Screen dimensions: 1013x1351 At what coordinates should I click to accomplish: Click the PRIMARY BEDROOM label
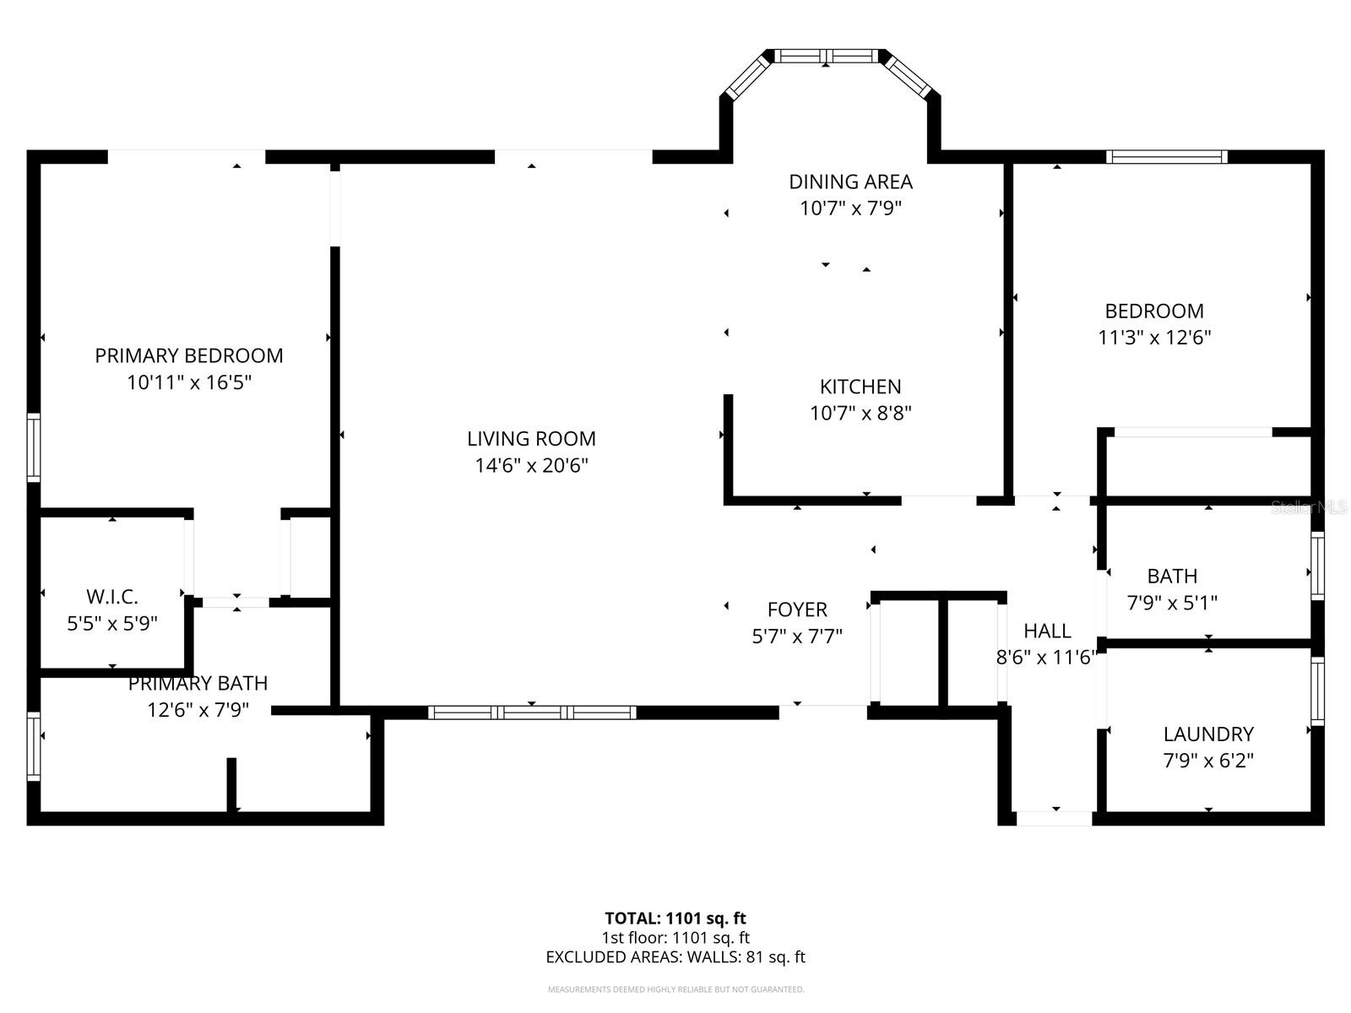click(188, 355)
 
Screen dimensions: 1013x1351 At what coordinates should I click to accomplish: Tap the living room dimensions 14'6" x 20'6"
click(531, 465)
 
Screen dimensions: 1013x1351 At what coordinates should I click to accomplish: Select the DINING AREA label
click(850, 181)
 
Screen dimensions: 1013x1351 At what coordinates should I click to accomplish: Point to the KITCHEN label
click(860, 387)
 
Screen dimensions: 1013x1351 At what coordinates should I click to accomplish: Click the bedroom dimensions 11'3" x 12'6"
click(1154, 338)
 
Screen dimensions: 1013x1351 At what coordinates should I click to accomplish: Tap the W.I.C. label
click(112, 597)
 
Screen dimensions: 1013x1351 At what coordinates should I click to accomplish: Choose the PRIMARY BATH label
click(198, 683)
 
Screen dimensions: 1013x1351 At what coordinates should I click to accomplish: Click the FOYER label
click(797, 609)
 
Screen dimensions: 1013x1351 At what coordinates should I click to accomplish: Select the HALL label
click(1047, 631)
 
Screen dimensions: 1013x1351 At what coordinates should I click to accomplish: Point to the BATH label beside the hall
click(1172, 576)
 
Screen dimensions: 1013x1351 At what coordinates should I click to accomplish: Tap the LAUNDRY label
click(1208, 734)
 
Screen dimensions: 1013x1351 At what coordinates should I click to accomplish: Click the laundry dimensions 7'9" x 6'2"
click(1208, 761)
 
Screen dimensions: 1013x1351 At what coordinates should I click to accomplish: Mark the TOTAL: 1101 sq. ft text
click(675, 918)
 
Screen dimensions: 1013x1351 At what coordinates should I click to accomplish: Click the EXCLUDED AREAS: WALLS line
click(675, 957)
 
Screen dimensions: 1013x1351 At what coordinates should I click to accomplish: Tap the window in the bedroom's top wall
click(1167, 156)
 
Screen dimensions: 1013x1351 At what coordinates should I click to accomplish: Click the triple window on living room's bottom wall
click(532, 712)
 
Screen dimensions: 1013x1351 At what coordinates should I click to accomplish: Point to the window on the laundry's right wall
click(1317, 691)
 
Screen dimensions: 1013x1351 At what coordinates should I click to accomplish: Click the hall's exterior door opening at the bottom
click(1054, 818)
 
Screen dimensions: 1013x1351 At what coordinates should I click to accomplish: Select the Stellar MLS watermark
click(1309, 507)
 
